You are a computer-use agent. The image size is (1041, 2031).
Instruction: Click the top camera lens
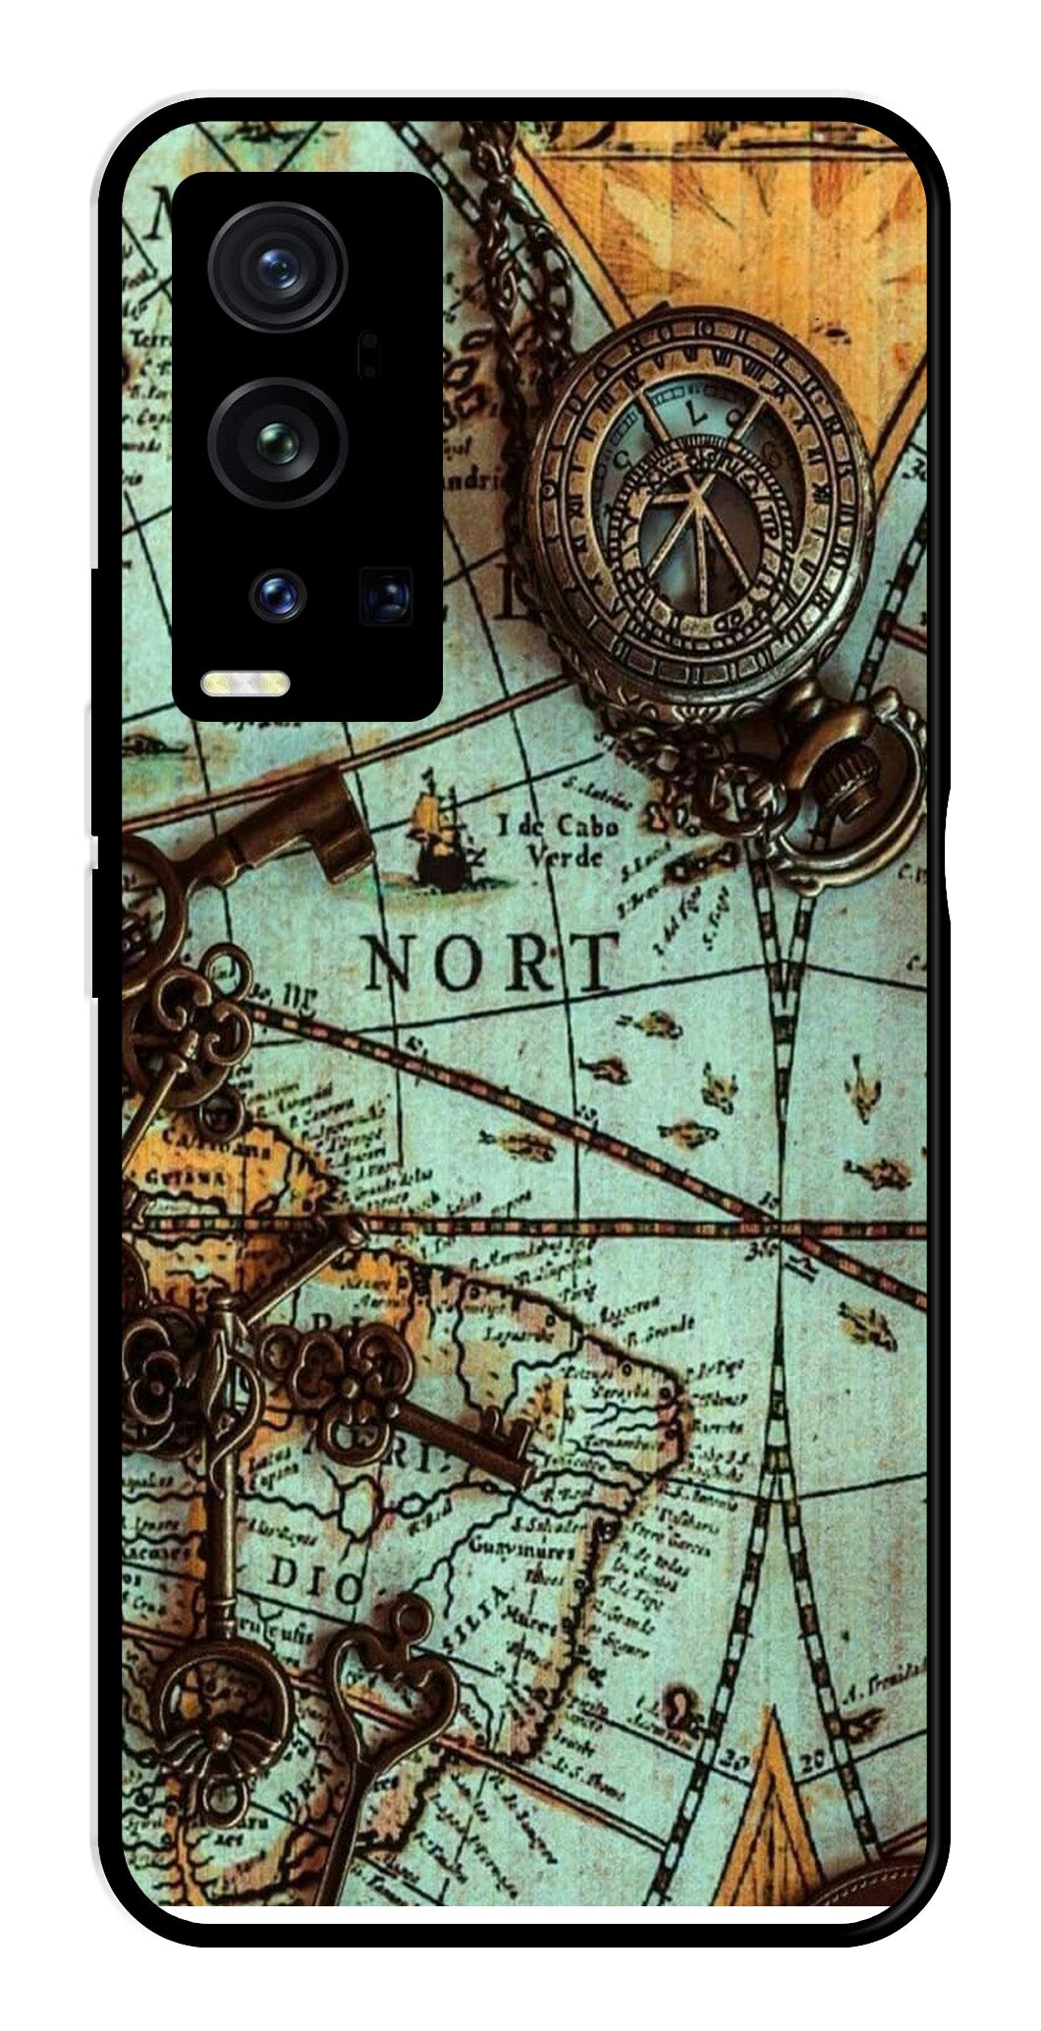pyautogui.click(x=278, y=266)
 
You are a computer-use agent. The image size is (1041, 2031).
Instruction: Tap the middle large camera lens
pyautogui.click(x=278, y=442)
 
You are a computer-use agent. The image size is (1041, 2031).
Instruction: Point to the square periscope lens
pyautogui.click(x=386, y=594)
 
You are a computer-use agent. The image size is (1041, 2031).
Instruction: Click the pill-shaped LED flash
pyautogui.click(x=246, y=684)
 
